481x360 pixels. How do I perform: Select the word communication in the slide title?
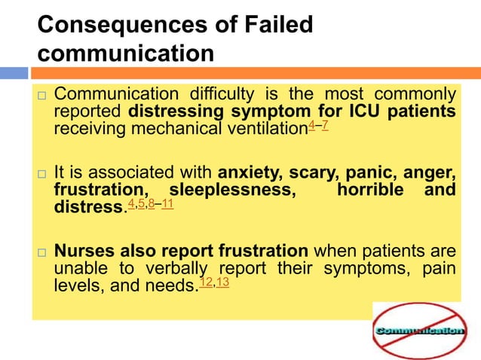pos(125,54)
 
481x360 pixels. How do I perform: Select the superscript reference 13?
pos(222,282)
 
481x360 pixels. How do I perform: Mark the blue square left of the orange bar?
pos(14,73)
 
